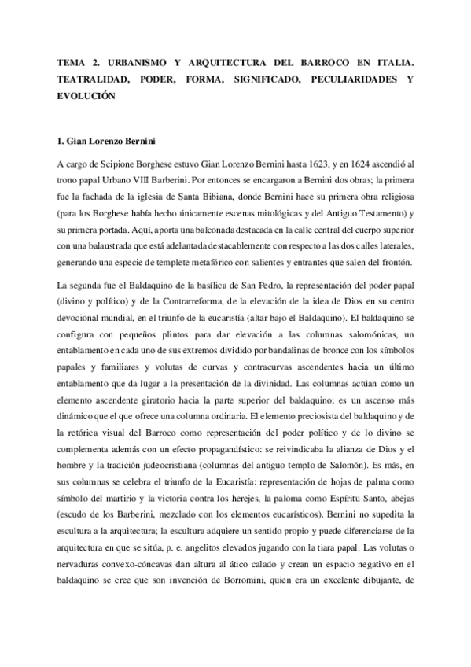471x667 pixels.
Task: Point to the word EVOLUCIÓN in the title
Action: pos(86,97)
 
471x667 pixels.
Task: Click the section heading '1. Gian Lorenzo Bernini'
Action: pos(103,142)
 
